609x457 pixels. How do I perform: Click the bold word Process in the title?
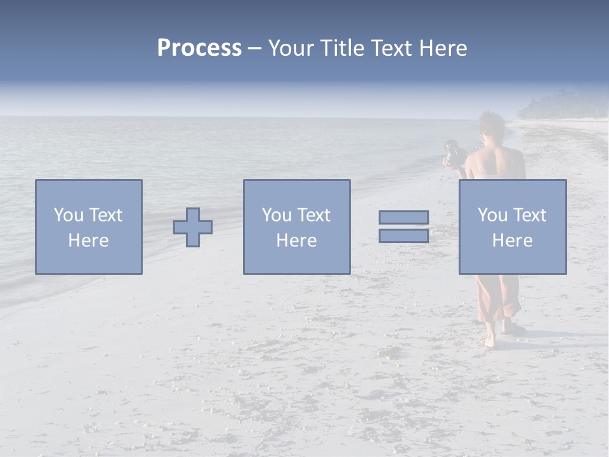(x=199, y=48)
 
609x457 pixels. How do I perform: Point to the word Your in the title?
(x=291, y=48)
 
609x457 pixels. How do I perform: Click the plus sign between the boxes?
(x=193, y=227)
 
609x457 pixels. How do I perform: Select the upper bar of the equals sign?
(x=403, y=218)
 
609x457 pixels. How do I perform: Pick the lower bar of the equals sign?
(x=403, y=235)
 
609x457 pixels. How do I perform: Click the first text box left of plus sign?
(x=88, y=227)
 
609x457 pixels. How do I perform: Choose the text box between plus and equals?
(x=296, y=227)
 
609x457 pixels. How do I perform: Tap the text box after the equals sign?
(x=512, y=227)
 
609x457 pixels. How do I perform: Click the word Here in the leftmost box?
(x=88, y=241)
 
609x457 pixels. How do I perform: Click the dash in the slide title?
(x=255, y=49)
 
